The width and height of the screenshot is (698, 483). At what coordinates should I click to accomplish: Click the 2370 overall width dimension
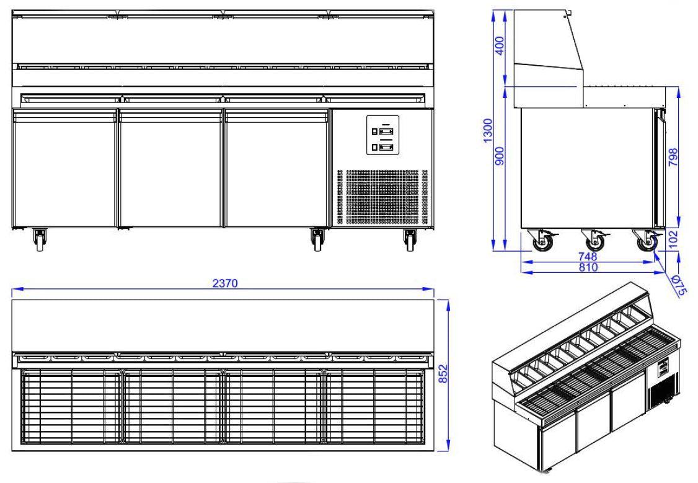tap(223, 283)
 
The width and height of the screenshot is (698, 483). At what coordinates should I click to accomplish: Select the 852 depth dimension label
tap(460, 374)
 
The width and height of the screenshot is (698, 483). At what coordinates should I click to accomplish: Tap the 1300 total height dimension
tap(488, 131)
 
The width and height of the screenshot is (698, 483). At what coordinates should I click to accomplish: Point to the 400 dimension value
tap(501, 45)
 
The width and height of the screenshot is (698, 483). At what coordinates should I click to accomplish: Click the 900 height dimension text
tap(501, 156)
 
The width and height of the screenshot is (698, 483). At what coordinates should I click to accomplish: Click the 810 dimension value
tap(587, 267)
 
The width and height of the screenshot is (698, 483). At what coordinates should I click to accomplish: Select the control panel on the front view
tap(382, 135)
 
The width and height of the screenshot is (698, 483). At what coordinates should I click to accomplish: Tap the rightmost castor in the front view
tap(409, 239)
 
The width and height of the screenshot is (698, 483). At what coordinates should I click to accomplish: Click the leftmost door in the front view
tap(64, 169)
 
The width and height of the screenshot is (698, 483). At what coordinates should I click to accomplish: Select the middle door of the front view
tap(170, 169)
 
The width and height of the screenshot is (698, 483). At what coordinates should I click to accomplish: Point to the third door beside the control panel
tap(276, 169)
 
